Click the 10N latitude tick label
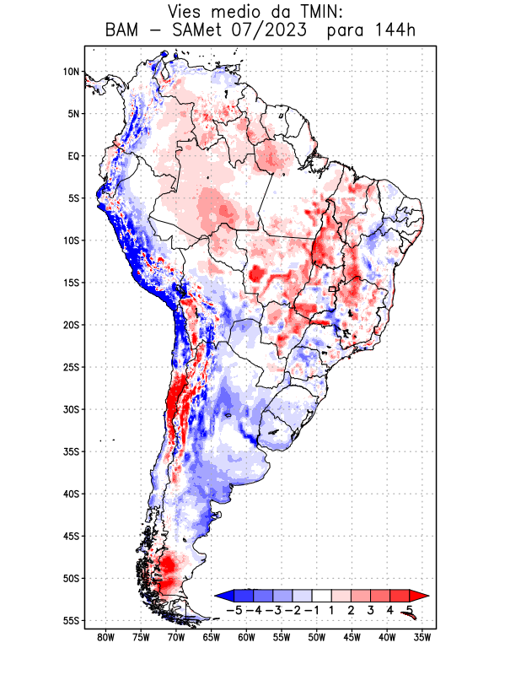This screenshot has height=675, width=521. (71, 72)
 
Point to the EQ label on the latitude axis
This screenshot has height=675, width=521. (73, 156)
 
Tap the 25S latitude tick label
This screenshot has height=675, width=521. (71, 367)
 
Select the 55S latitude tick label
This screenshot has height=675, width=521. (71, 621)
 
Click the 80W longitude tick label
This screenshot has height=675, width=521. (106, 637)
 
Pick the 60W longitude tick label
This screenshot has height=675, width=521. (247, 637)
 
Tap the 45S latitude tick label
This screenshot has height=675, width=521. (71, 536)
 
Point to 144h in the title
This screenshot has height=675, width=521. (395, 31)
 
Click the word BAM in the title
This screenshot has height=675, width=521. (124, 31)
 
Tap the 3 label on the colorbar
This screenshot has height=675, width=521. (371, 609)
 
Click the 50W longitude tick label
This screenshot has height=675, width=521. (317, 637)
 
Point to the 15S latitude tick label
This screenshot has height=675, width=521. (71, 283)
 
